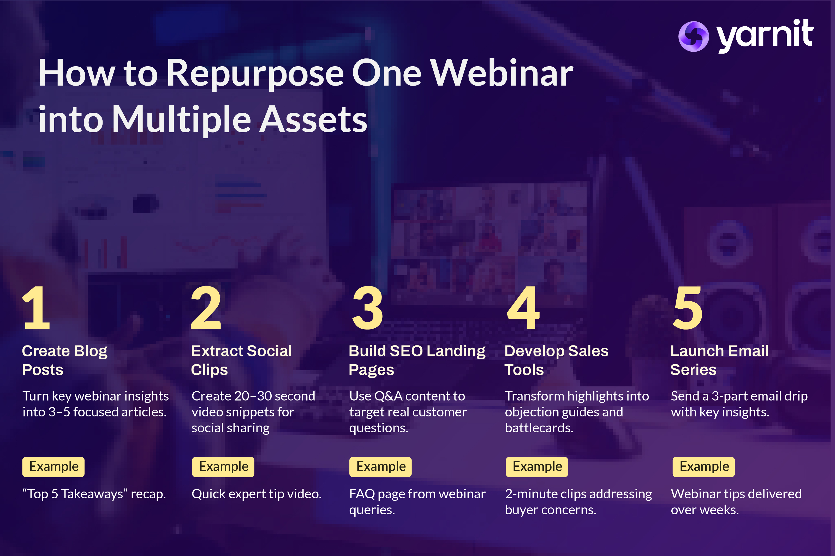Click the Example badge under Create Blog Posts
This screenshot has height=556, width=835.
point(53,467)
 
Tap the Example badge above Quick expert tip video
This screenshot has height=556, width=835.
point(223,467)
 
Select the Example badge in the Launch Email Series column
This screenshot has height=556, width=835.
point(704,467)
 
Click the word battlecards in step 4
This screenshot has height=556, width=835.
point(539,428)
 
